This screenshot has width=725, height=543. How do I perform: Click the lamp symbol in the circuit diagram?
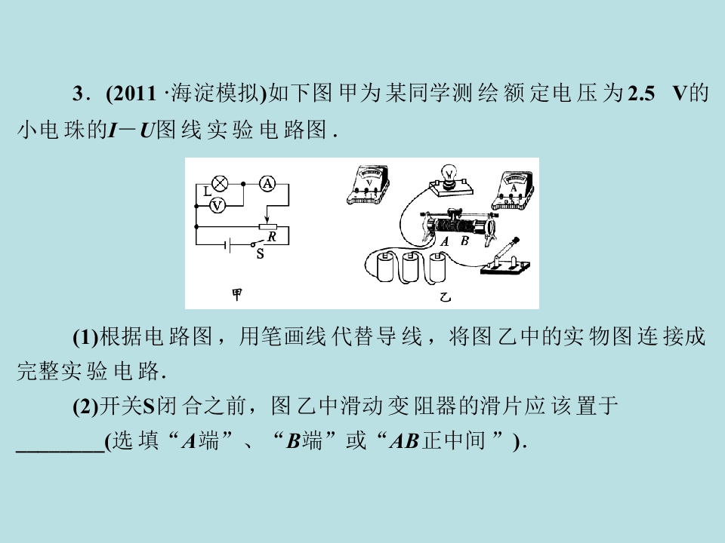(x=220, y=183)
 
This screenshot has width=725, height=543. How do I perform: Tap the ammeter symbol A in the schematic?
(x=267, y=184)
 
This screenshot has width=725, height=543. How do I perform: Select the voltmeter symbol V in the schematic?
(x=217, y=205)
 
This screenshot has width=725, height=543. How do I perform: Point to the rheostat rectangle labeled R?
(x=267, y=227)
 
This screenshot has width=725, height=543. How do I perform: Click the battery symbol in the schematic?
(x=227, y=244)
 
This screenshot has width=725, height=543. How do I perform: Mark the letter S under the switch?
(x=261, y=253)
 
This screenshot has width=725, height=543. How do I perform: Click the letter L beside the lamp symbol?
(x=207, y=191)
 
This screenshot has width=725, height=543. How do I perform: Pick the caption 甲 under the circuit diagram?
(x=236, y=294)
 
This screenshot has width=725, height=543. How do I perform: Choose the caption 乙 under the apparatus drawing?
(x=445, y=296)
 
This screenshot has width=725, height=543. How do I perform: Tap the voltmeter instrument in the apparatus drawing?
(x=369, y=185)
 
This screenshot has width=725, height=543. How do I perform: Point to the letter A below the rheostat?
(x=445, y=241)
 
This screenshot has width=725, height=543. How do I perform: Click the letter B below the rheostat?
(x=464, y=241)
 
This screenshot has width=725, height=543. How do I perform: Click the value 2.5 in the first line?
(x=641, y=94)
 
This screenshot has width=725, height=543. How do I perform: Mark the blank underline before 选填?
(x=60, y=451)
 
